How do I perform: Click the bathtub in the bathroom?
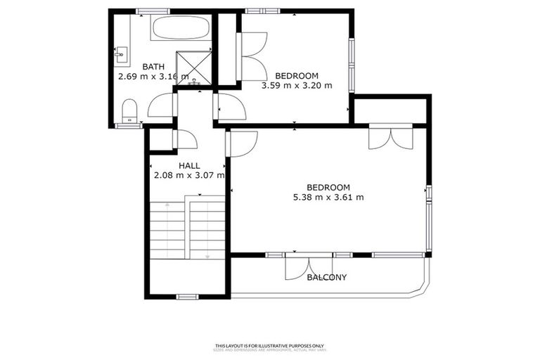tap(179, 29)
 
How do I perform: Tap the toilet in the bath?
tap(129, 111)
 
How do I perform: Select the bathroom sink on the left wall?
tap(120, 52)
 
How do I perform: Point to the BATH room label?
tap(153, 67)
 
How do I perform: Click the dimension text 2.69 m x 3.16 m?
tap(153, 77)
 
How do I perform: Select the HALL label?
tap(189, 166)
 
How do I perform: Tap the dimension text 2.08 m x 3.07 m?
tap(189, 176)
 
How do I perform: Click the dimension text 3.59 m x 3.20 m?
tap(296, 86)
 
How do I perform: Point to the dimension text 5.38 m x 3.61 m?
tap(328, 197)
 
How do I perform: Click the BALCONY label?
tap(327, 277)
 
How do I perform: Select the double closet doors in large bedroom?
tap(390, 136)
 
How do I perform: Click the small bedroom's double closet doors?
tap(252, 55)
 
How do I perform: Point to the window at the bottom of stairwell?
tap(187, 297)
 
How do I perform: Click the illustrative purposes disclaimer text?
tap(269, 345)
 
